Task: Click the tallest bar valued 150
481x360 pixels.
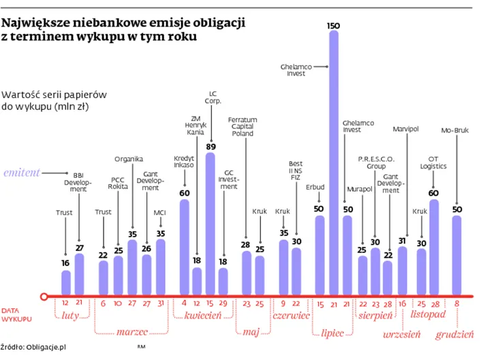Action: point(334,164)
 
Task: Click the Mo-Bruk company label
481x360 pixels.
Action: point(456,130)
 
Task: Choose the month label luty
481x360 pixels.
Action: point(72,315)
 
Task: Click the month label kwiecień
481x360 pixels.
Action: point(204,315)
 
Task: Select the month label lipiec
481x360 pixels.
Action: point(334,334)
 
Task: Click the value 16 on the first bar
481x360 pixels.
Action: point(65,263)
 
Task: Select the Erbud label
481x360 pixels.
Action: point(315,187)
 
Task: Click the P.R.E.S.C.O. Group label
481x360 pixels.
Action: point(376,162)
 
